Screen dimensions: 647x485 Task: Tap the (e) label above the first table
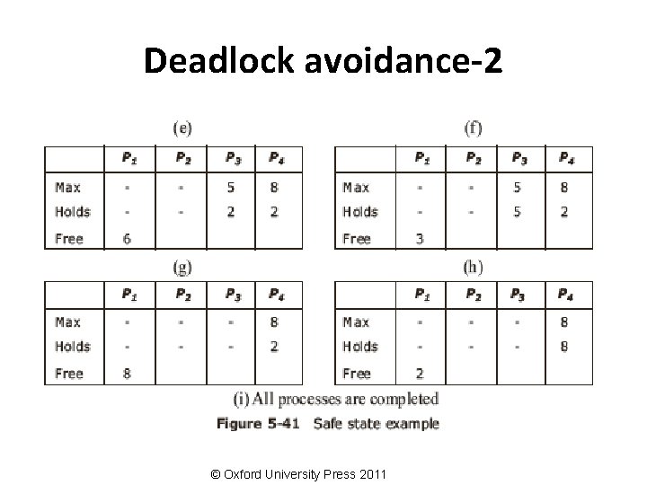(x=182, y=128)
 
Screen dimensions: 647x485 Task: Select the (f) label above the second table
(x=473, y=128)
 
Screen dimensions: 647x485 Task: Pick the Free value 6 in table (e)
(x=127, y=239)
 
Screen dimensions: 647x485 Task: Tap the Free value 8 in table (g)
(x=127, y=374)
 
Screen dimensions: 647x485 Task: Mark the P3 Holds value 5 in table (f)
(x=517, y=212)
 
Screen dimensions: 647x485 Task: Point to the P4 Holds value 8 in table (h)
(x=564, y=347)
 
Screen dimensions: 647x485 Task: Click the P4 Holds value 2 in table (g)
(x=274, y=347)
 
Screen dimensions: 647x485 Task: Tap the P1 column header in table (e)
(x=130, y=159)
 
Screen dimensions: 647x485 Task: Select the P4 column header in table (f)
(x=566, y=159)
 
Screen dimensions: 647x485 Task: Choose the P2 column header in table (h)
(x=473, y=294)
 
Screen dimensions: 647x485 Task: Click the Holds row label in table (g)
(x=73, y=347)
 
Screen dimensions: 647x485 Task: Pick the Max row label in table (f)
(x=356, y=188)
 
